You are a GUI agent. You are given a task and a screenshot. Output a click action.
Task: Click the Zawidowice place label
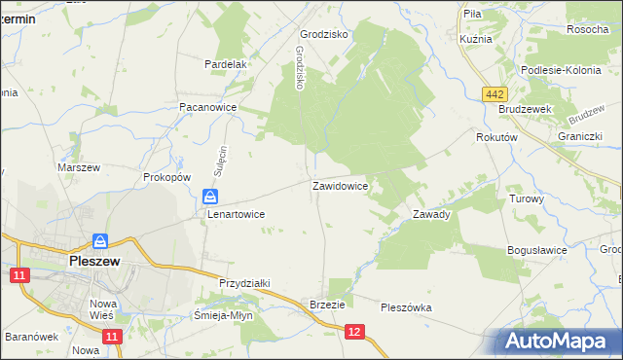click(x=339, y=185)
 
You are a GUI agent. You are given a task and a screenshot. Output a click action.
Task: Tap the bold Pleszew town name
click(x=94, y=261)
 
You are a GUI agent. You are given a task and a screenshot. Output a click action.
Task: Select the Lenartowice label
click(x=236, y=213)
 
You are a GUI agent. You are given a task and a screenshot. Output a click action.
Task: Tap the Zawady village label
click(x=431, y=214)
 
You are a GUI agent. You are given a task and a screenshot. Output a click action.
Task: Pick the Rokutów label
click(x=495, y=138)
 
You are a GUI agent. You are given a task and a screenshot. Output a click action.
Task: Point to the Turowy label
click(x=527, y=198)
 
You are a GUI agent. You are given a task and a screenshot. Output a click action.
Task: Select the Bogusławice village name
click(x=537, y=250)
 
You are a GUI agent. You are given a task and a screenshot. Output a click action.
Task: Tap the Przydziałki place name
click(x=244, y=282)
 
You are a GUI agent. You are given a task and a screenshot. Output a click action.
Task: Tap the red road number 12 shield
click(x=354, y=333)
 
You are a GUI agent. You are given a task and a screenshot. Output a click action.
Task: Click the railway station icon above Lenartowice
click(x=209, y=196)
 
